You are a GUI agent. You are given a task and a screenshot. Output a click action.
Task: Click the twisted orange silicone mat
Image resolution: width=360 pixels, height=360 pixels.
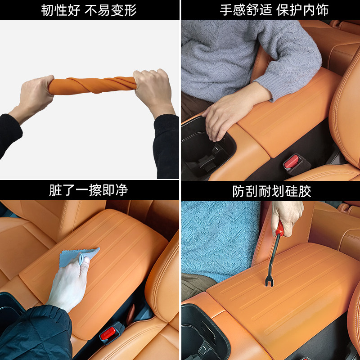[92, 85]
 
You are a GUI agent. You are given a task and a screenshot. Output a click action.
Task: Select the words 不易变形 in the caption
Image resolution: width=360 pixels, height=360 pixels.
[111, 10]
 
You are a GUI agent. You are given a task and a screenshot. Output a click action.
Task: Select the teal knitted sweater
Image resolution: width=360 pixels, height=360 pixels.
[218, 238]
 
